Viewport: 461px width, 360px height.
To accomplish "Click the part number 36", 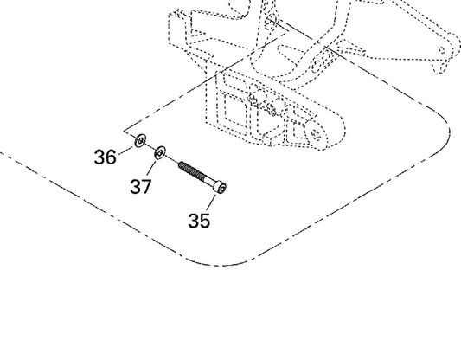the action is [105, 157].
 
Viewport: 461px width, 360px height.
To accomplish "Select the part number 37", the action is [141, 186].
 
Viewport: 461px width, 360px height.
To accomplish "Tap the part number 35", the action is [199, 221].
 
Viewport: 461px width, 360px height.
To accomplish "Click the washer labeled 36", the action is [140, 140].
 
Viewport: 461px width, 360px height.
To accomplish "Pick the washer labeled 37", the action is [160, 152].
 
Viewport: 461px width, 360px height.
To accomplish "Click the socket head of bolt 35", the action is [221, 187].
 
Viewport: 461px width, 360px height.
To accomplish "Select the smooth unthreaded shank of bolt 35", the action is [210, 180].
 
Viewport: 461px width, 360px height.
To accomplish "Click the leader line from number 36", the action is [126, 150].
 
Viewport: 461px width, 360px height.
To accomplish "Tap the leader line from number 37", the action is [150, 169].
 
